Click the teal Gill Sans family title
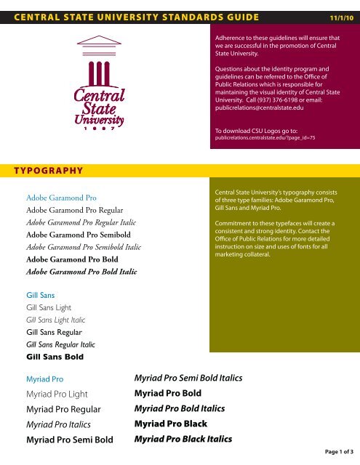[x=41, y=296]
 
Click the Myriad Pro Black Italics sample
[x=184, y=439]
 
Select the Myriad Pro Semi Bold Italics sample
[x=188, y=378]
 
